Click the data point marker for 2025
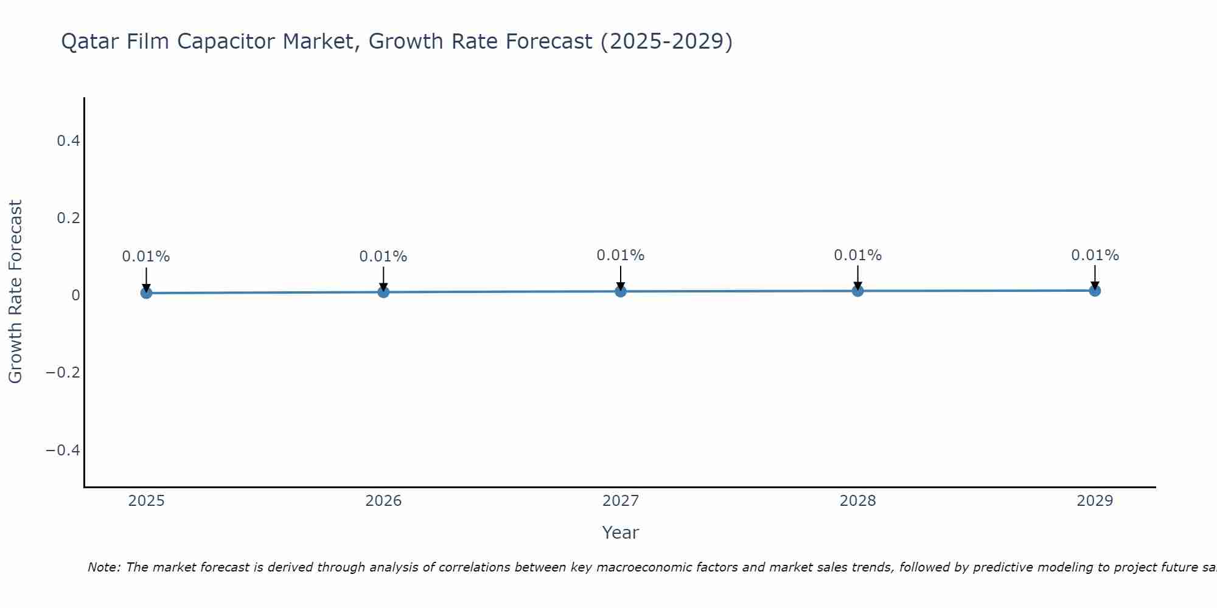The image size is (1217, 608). [146, 293]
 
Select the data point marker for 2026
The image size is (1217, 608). [383, 292]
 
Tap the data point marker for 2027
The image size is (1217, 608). [621, 292]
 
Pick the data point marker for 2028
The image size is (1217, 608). [857, 291]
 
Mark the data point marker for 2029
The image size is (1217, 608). [1095, 291]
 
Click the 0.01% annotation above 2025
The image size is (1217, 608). [146, 257]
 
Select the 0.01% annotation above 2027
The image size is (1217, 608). [621, 255]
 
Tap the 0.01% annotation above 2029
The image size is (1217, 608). [1095, 255]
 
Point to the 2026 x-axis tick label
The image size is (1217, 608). [383, 501]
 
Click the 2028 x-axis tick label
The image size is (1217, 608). [857, 501]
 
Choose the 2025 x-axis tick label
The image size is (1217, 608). [147, 501]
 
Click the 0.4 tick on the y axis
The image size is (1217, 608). [68, 141]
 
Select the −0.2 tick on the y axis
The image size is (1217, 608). [63, 372]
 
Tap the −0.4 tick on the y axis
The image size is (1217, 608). [63, 450]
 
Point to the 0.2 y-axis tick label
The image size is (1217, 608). [68, 218]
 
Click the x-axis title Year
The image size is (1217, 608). [620, 533]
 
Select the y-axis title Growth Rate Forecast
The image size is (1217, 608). [15, 292]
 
